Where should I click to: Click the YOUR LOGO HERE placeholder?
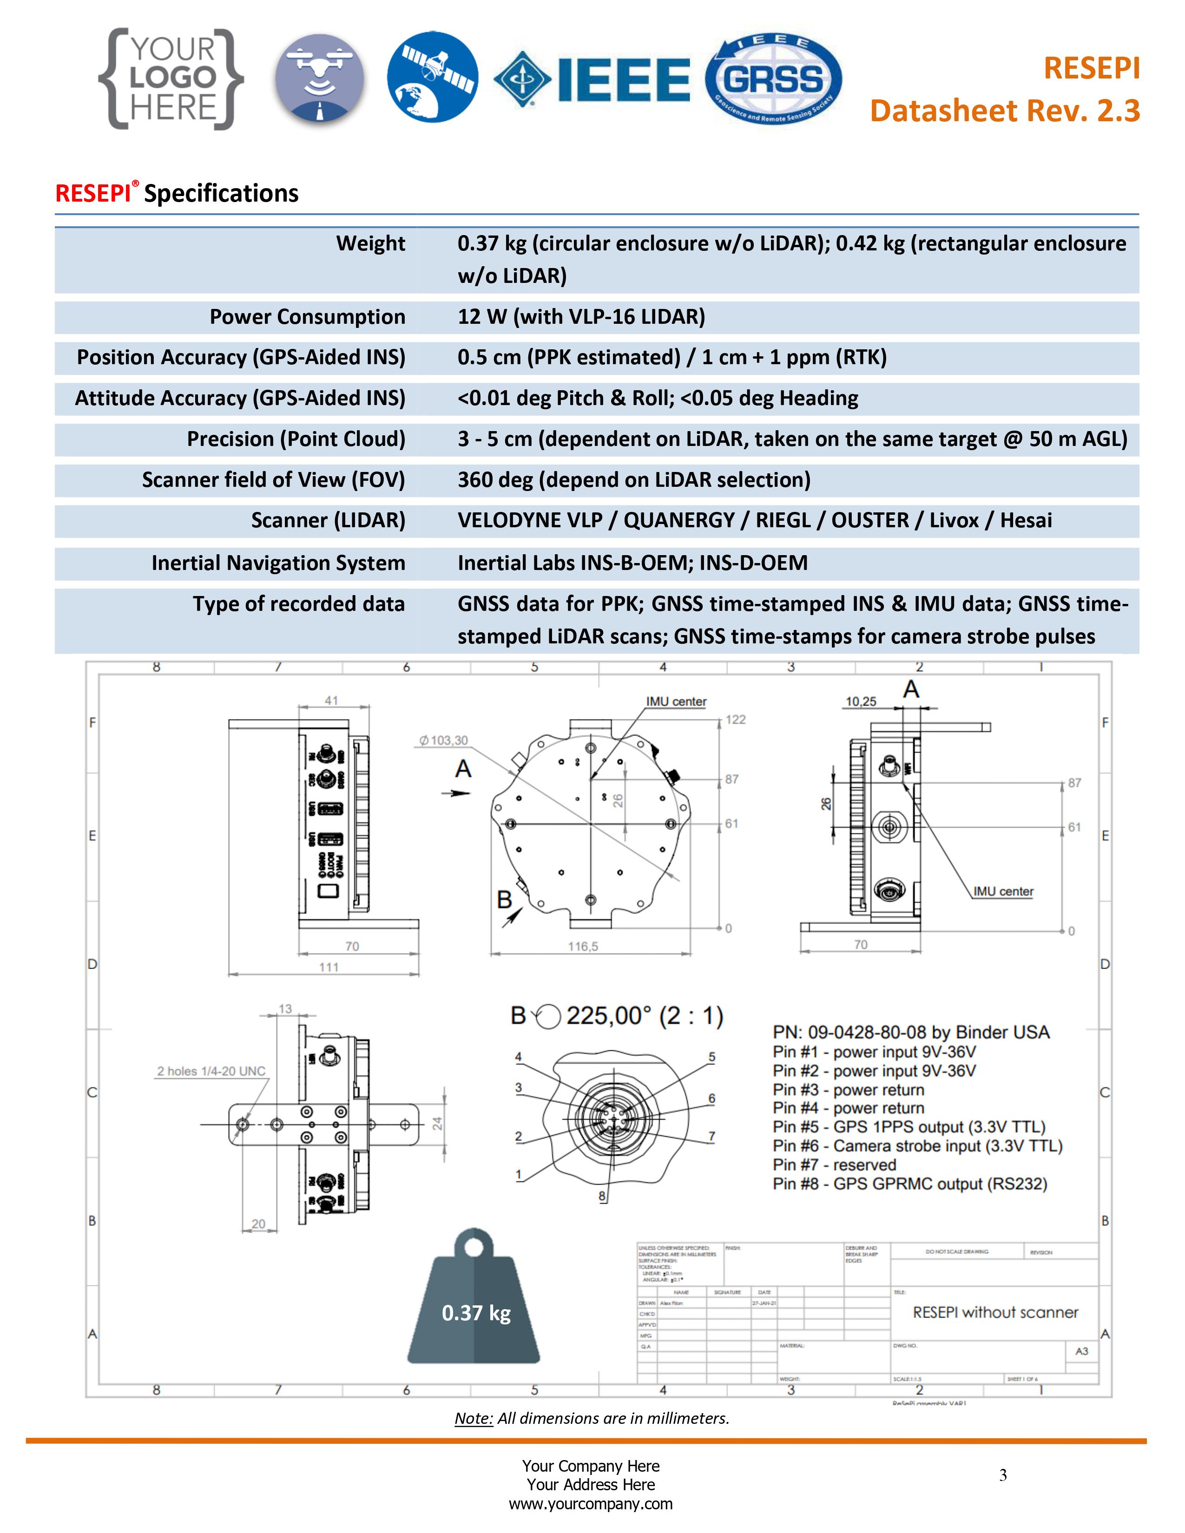pos(171,79)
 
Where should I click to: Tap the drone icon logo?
pos(319,79)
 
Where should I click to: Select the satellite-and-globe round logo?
pos(433,77)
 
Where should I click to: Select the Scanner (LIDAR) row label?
pos(328,521)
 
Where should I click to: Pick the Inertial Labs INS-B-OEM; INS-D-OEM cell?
pos(632,563)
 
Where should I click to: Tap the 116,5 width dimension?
pos(583,947)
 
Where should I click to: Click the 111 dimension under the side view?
pos(329,967)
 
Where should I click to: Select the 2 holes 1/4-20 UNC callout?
pos(211,1071)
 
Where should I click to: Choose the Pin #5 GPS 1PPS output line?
pos(908,1127)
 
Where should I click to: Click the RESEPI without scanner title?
pos(995,1313)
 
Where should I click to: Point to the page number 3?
pos(1003,1475)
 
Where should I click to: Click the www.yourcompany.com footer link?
pos(590,1504)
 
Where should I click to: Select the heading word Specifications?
pos(221,194)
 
